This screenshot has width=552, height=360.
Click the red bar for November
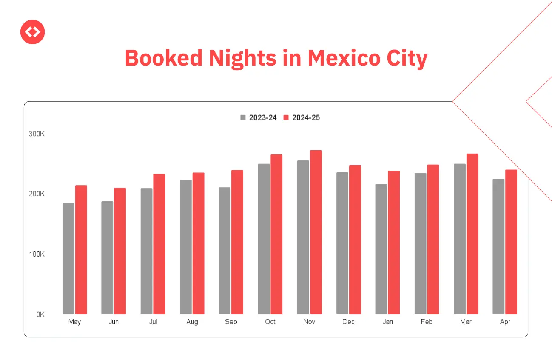(316, 232)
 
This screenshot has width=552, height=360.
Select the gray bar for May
(68, 258)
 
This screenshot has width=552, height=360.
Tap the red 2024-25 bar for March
(472, 234)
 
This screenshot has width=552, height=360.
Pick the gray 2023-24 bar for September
(225, 251)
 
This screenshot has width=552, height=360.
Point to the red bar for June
(120, 251)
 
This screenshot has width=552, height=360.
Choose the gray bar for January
(381, 249)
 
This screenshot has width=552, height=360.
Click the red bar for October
(276, 234)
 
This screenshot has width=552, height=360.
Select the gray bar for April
(498, 246)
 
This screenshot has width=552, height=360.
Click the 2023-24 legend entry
(259, 118)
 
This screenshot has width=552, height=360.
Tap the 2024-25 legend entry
(302, 118)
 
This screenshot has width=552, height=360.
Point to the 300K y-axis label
(37, 134)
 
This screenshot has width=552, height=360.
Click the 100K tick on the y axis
(37, 254)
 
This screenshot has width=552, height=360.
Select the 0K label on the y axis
(40, 315)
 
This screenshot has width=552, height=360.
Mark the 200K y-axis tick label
(37, 194)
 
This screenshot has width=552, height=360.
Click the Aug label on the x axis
(192, 322)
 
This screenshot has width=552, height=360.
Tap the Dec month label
(348, 322)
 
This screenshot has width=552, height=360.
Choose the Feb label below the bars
(427, 322)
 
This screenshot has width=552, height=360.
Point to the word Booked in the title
(163, 58)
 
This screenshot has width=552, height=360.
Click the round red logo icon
(33, 32)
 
